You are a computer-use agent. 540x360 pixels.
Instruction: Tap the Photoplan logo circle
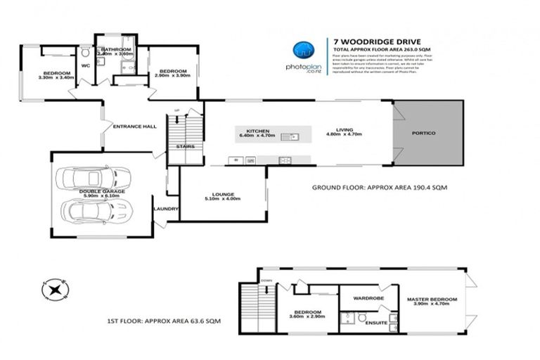(x=304, y=49)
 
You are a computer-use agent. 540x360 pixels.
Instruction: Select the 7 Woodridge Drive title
(x=361, y=41)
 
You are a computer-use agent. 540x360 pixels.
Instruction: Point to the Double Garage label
(x=84, y=191)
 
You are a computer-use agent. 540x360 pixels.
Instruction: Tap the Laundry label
(x=166, y=208)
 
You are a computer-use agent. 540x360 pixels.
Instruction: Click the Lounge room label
(x=223, y=195)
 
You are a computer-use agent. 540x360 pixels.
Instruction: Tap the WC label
(x=86, y=65)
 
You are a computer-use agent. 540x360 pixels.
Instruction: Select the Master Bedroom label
(x=432, y=300)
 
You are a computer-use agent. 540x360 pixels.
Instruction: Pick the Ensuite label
(x=376, y=322)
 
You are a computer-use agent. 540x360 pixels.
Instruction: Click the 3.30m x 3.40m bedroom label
(x=56, y=75)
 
